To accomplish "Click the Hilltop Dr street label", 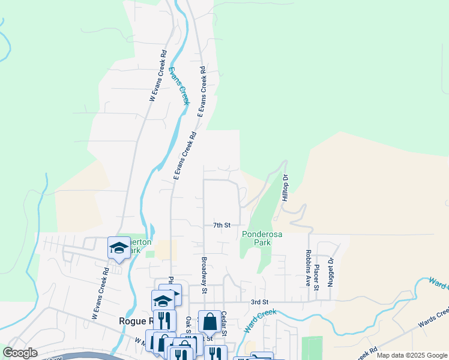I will tap(286, 188).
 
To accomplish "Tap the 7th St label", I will tap(222, 225).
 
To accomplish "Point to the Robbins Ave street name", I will tap(307, 268).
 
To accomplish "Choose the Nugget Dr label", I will tap(330, 271).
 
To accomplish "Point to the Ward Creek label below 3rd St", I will tap(260, 320).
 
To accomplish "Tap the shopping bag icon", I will tap(209, 322).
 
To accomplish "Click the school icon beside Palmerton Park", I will tap(119, 247).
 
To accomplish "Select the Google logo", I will tap(20, 353).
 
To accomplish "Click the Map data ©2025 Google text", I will tap(412, 355).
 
